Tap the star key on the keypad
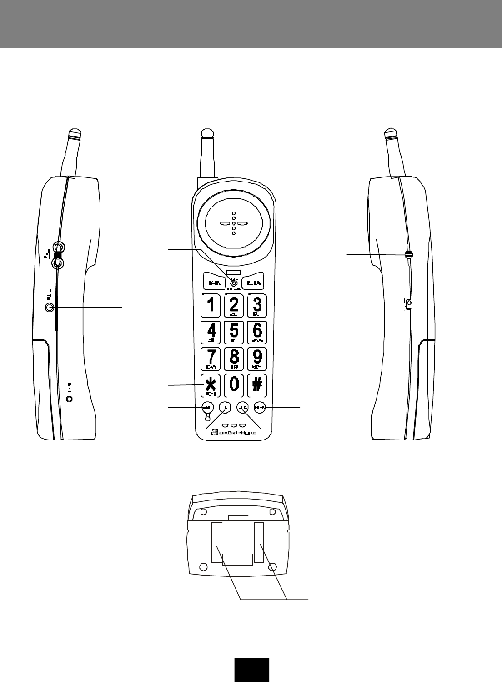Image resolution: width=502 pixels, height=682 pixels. click(x=210, y=385)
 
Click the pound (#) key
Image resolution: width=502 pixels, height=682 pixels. click(x=257, y=384)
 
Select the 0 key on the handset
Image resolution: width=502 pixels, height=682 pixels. click(x=233, y=384)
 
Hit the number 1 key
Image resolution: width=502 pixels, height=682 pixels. click(x=211, y=305)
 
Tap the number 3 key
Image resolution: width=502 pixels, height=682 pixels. click(x=257, y=305)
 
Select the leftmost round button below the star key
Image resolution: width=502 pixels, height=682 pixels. click(x=207, y=407)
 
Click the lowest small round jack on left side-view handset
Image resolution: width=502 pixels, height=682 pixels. click(x=69, y=399)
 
